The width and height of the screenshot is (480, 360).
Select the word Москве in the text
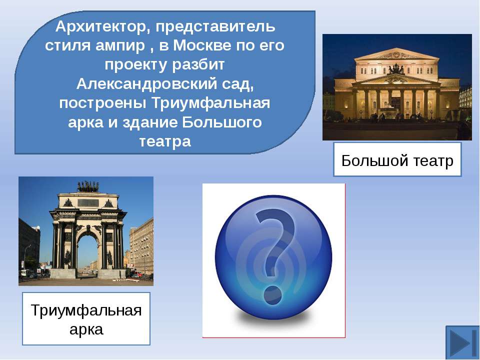(202, 45)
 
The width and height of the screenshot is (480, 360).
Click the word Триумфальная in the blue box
(211, 103)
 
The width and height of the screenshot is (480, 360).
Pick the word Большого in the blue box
(222, 122)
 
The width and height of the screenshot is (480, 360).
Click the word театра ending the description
(165, 141)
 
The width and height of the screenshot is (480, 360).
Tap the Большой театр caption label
(397, 159)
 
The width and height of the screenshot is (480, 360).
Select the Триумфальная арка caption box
(86, 318)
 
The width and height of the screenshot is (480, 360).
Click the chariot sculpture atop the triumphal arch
(88, 186)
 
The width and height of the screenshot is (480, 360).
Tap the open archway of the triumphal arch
(88, 253)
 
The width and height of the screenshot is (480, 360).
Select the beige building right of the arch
(141, 246)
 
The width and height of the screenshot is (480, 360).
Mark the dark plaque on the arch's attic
(88, 202)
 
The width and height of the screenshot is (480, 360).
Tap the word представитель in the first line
(215, 27)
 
